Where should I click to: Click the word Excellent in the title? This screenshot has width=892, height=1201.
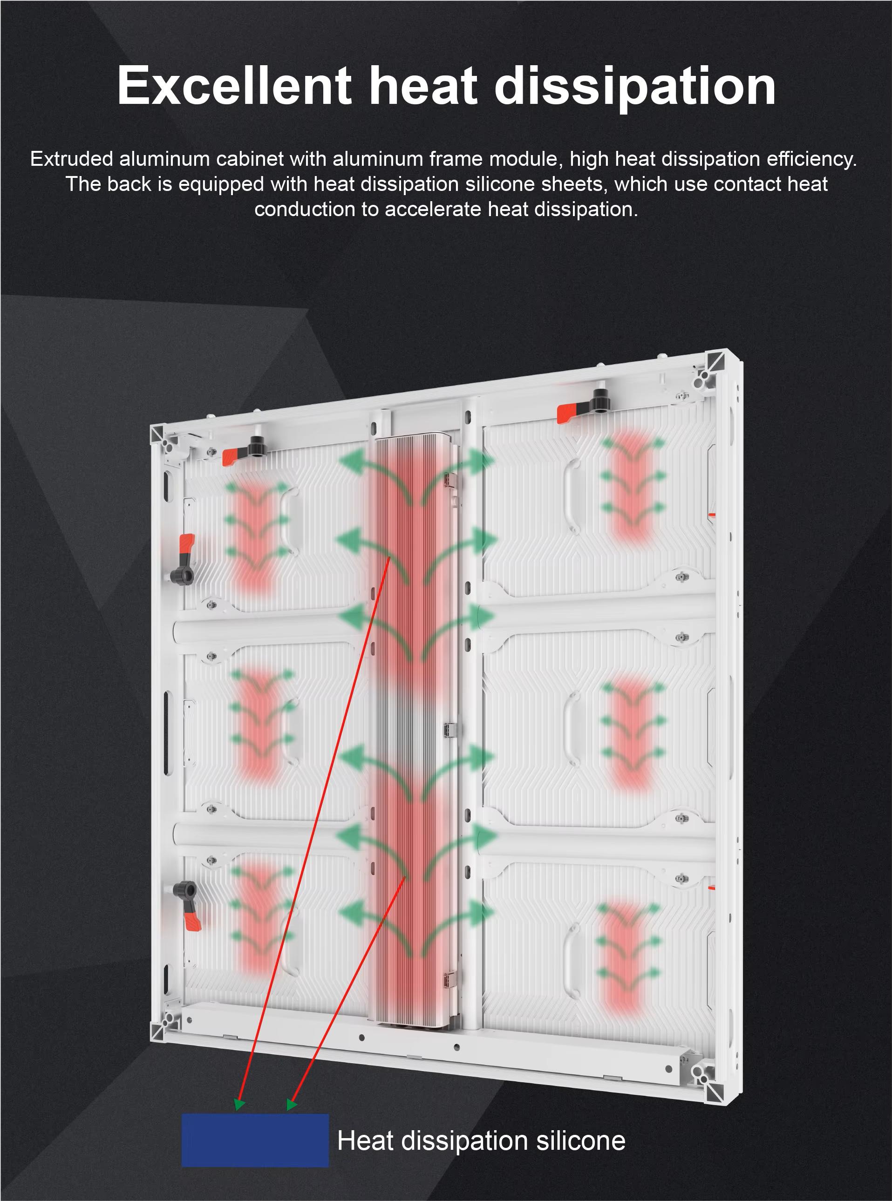234,86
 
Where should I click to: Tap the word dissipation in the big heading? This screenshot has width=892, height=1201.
635,86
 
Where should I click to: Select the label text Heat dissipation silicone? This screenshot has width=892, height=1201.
481,1140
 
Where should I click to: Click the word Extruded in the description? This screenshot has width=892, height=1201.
71,159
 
